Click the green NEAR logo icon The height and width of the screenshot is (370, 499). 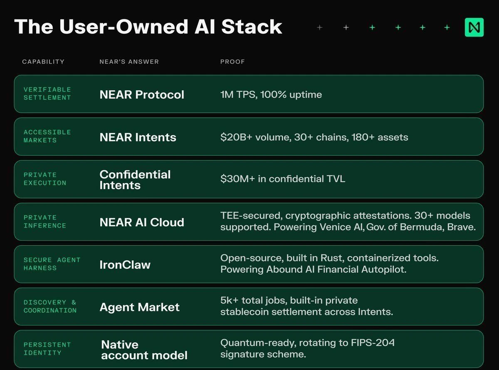pyautogui.click(x=474, y=27)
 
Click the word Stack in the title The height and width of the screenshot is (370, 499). pyautogui.click(x=252, y=27)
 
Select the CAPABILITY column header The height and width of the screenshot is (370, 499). pyautogui.click(x=43, y=62)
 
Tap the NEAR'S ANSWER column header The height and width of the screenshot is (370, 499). pyautogui.click(x=129, y=62)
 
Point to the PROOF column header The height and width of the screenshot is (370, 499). pyautogui.click(x=232, y=62)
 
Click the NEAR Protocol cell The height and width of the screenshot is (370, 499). pyautogui.click(x=142, y=94)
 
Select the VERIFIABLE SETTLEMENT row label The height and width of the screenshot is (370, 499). pyautogui.click(x=47, y=94)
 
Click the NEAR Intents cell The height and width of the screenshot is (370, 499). pyautogui.click(x=138, y=137)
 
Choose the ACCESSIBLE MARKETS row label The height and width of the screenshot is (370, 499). pyautogui.click(x=47, y=136)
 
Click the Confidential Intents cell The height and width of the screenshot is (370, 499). pyautogui.click(x=135, y=180)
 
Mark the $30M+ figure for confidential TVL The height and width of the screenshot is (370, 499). pyautogui.click(x=237, y=179)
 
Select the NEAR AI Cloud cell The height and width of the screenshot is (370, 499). pyautogui.click(x=142, y=222)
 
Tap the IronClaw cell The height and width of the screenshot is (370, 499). pyautogui.click(x=125, y=265)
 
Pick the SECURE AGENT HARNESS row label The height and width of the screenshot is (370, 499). pyautogui.click(x=52, y=264)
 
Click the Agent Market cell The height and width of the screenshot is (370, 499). pyautogui.click(x=139, y=307)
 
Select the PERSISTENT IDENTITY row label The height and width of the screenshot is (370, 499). pyautogui.click(x=47, y=349)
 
